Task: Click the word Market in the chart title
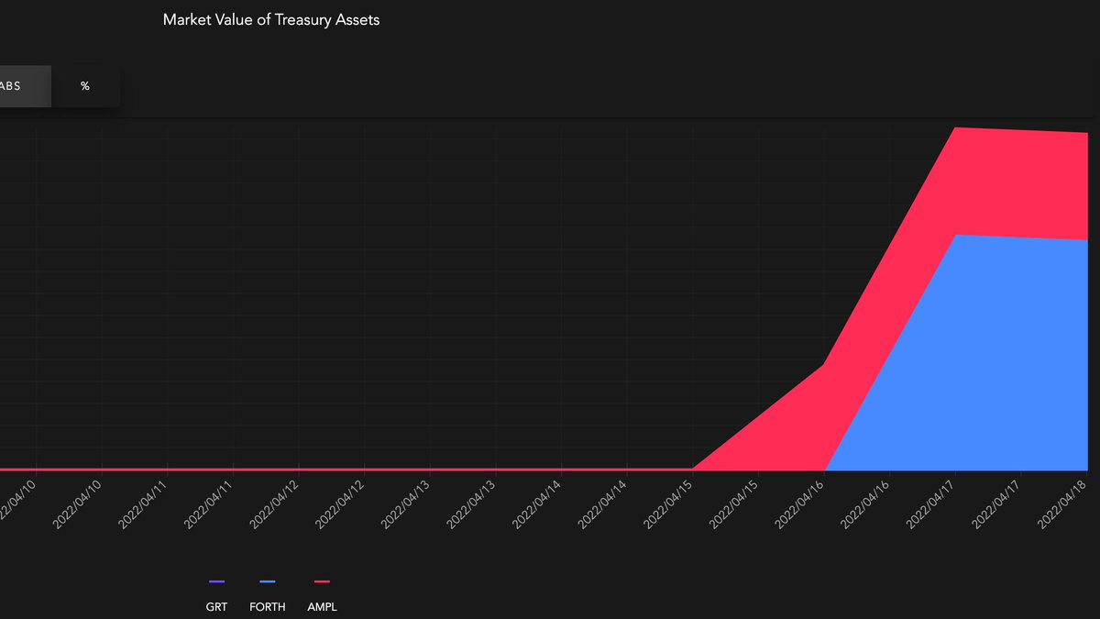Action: point(186,20)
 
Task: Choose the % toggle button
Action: point(85,86)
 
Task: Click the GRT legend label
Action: point(216,606)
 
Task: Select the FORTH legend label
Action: point(268,606)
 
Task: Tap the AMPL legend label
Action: point(322,606)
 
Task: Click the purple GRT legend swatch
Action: point(216,581)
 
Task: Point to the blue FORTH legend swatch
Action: point(268,581)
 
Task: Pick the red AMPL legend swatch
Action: point(322,581)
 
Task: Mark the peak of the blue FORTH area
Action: point(956,236)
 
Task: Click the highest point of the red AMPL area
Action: point(956,127)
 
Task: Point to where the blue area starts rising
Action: point(828,470)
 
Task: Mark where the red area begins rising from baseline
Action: point(694,469)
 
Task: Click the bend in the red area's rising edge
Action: point(824,365)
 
